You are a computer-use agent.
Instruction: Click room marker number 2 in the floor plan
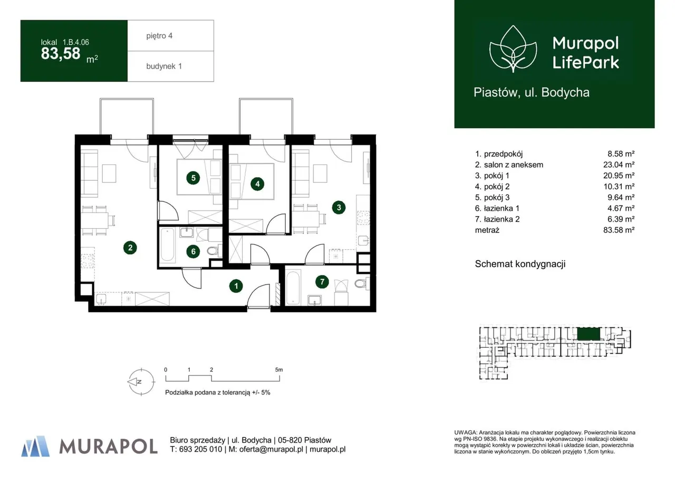pyautogui.click(x=130, y=248)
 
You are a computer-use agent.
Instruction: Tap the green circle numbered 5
pyautogui.click(x=193, y=178)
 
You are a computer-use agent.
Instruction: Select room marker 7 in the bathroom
pyautogui.click(x=322, y=281)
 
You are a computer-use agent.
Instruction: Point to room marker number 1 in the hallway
pyautogui.click(x=236, y=286)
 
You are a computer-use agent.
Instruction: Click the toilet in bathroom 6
pyautogui.click(x=214, y=250)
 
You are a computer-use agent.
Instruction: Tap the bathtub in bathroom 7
pyautogui.click(x=293, y=288)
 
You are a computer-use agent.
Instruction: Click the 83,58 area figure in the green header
pyautogui.click(x=61, y=54)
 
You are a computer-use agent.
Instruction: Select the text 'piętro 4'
pyautogui.click(x=159, y=36)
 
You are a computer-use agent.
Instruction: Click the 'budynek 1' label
pyautogui.click(x=164, y=66)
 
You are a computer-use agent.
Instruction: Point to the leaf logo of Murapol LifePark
pyautogui.click(x=513, y=49)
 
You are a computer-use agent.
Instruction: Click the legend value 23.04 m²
pyautogui.click(x=619, y=165)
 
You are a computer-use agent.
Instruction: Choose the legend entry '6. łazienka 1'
pyautogui.click(x=497, y=208)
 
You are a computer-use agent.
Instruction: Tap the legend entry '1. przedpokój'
pyautogui.click(x=499, y=154)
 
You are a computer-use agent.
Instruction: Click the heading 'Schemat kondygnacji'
pyautogui.click(x=520, y=264)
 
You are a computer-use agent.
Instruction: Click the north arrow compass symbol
pyautogui.click(x=141, y=382)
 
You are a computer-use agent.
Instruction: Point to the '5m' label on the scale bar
pyautogui.click(x=279, y=369)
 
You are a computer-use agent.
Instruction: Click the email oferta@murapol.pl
pyautogui.click(x=271, y=449)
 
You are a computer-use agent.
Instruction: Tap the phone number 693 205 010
pyautogui.click(x=200, y=449)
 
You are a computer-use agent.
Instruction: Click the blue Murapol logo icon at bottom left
pyautogui.click(x=35, y=446)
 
